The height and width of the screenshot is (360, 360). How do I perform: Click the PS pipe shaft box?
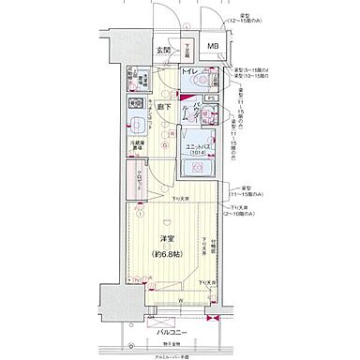(213, 97)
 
